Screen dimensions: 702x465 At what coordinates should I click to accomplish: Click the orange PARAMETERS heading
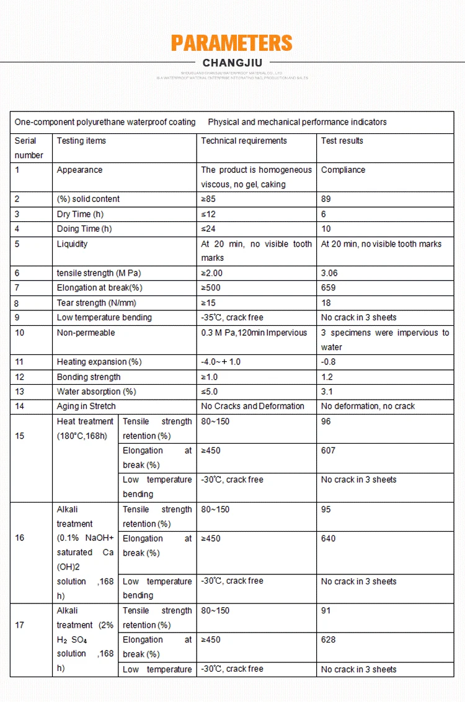coord(232,43)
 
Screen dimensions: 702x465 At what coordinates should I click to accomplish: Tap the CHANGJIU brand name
coord(232,63)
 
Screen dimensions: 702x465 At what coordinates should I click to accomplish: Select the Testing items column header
coord(81,141)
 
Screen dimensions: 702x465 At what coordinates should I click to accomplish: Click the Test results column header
coord(342,141)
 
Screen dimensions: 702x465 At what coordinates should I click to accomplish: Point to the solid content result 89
coord(326,199)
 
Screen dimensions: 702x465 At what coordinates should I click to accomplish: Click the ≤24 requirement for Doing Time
coord(209,229)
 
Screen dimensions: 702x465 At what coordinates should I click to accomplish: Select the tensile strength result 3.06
coord(330,273)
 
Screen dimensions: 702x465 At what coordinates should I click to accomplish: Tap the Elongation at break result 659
coord(329,287)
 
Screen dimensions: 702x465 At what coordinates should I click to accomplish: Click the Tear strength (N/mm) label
coord(96,303)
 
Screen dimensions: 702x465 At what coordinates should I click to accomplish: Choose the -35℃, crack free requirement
coord(232,317)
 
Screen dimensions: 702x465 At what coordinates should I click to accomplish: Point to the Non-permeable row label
coord(86,333)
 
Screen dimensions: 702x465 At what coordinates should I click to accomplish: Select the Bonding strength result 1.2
coord(327,377)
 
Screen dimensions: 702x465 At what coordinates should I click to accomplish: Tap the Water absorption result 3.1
coord(327,392)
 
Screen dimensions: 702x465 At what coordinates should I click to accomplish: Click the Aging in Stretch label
coord(86,406)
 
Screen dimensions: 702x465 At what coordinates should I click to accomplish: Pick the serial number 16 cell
coord(20,538)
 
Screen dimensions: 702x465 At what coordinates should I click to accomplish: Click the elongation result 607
coord(329,450)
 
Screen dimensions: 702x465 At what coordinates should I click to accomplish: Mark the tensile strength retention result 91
coord(326,611)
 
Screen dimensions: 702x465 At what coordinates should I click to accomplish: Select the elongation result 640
coord(329,538)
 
